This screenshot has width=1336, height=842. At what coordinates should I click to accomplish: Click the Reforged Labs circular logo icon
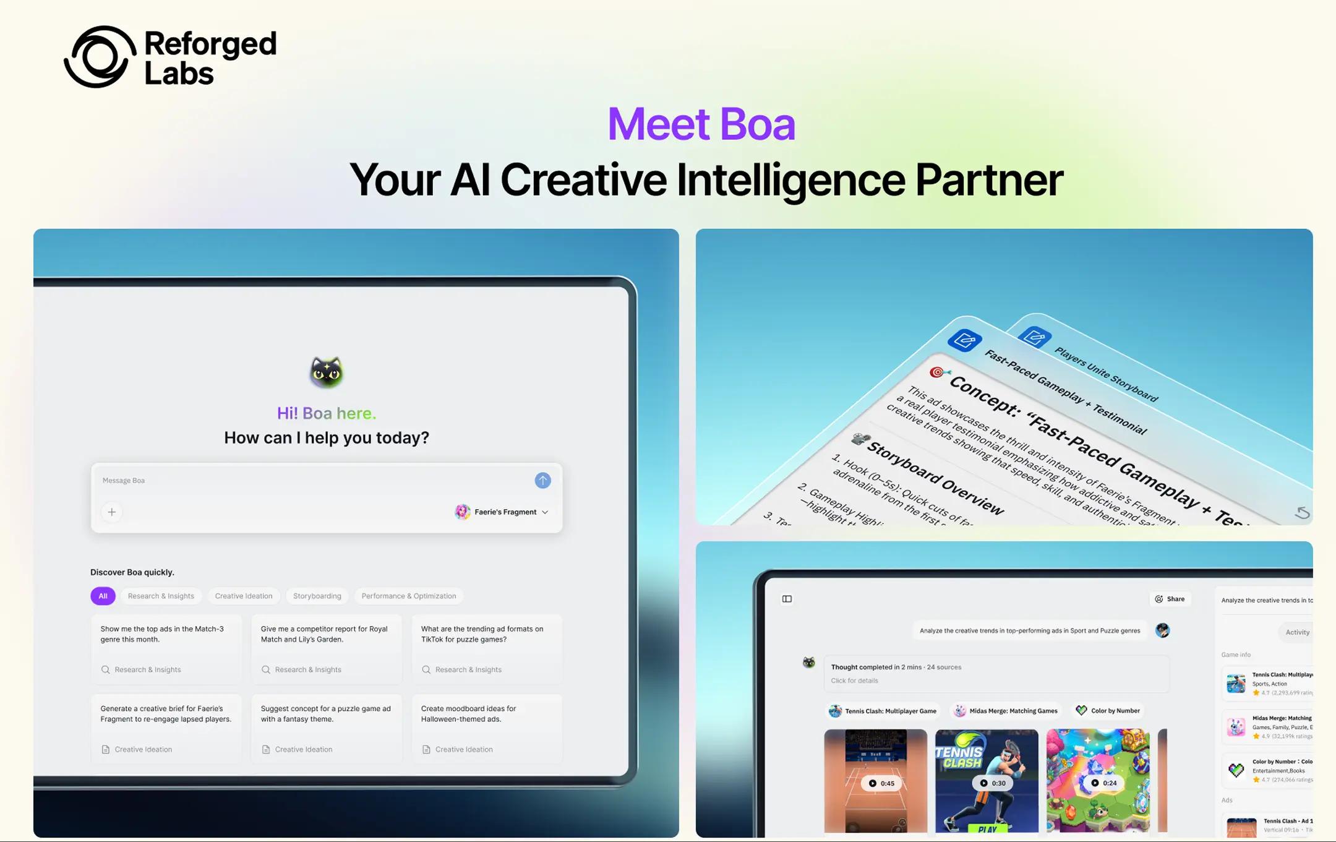(100, 57)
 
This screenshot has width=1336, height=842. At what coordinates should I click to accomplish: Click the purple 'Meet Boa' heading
(701, 124)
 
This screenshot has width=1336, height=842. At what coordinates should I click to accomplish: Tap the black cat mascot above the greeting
(326, 372)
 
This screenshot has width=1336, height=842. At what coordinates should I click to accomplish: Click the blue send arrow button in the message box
(542, 480)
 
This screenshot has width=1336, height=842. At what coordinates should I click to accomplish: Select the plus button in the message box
(112, 512)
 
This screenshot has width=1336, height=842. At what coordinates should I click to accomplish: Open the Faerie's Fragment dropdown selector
(502, 512)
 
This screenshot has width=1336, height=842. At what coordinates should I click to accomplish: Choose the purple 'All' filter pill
(103, 596)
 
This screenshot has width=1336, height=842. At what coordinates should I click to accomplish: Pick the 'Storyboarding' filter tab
(317, 596)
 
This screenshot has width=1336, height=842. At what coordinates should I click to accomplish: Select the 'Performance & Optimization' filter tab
(408, 596)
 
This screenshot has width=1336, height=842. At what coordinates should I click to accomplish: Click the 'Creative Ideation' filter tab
(243, 596)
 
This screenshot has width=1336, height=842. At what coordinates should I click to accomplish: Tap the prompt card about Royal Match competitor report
(326, 648)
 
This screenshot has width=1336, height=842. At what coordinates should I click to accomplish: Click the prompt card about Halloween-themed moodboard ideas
(486, 728)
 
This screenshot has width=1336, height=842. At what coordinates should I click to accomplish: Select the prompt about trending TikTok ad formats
(486, 648)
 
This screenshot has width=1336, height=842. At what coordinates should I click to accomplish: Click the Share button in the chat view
(1170, 599)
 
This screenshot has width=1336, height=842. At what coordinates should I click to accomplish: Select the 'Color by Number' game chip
(1108, 711)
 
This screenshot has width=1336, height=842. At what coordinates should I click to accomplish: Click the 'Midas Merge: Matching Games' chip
(1006, 711)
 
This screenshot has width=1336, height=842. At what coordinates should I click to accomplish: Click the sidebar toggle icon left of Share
(787, 599)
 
